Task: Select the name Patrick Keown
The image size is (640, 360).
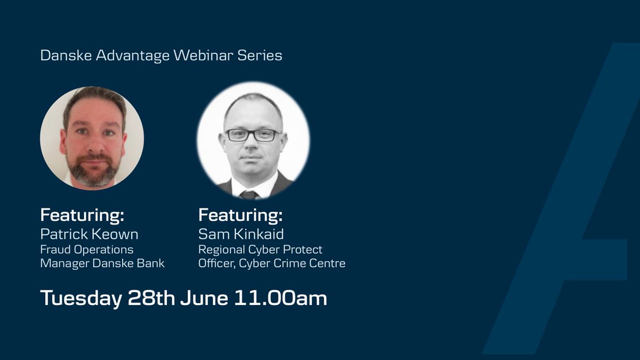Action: [x=89, y=234]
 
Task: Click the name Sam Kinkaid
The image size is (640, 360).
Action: [x=241, y=234]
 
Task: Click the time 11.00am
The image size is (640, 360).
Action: [x=281, y=299]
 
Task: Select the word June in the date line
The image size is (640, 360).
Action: [x=204, y=299]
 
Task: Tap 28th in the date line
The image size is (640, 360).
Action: [x=151, y=299]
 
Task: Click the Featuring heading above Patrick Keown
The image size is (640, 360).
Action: [x=82, y=216]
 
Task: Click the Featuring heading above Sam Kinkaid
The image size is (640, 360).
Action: [x=240, y=216]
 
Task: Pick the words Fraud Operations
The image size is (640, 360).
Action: [x=87, y=249]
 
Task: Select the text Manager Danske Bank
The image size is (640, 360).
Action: [x=102, y=263]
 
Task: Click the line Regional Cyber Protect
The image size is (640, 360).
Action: [x=260, y=249]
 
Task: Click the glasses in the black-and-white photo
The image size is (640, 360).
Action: [x=253, y=135]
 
